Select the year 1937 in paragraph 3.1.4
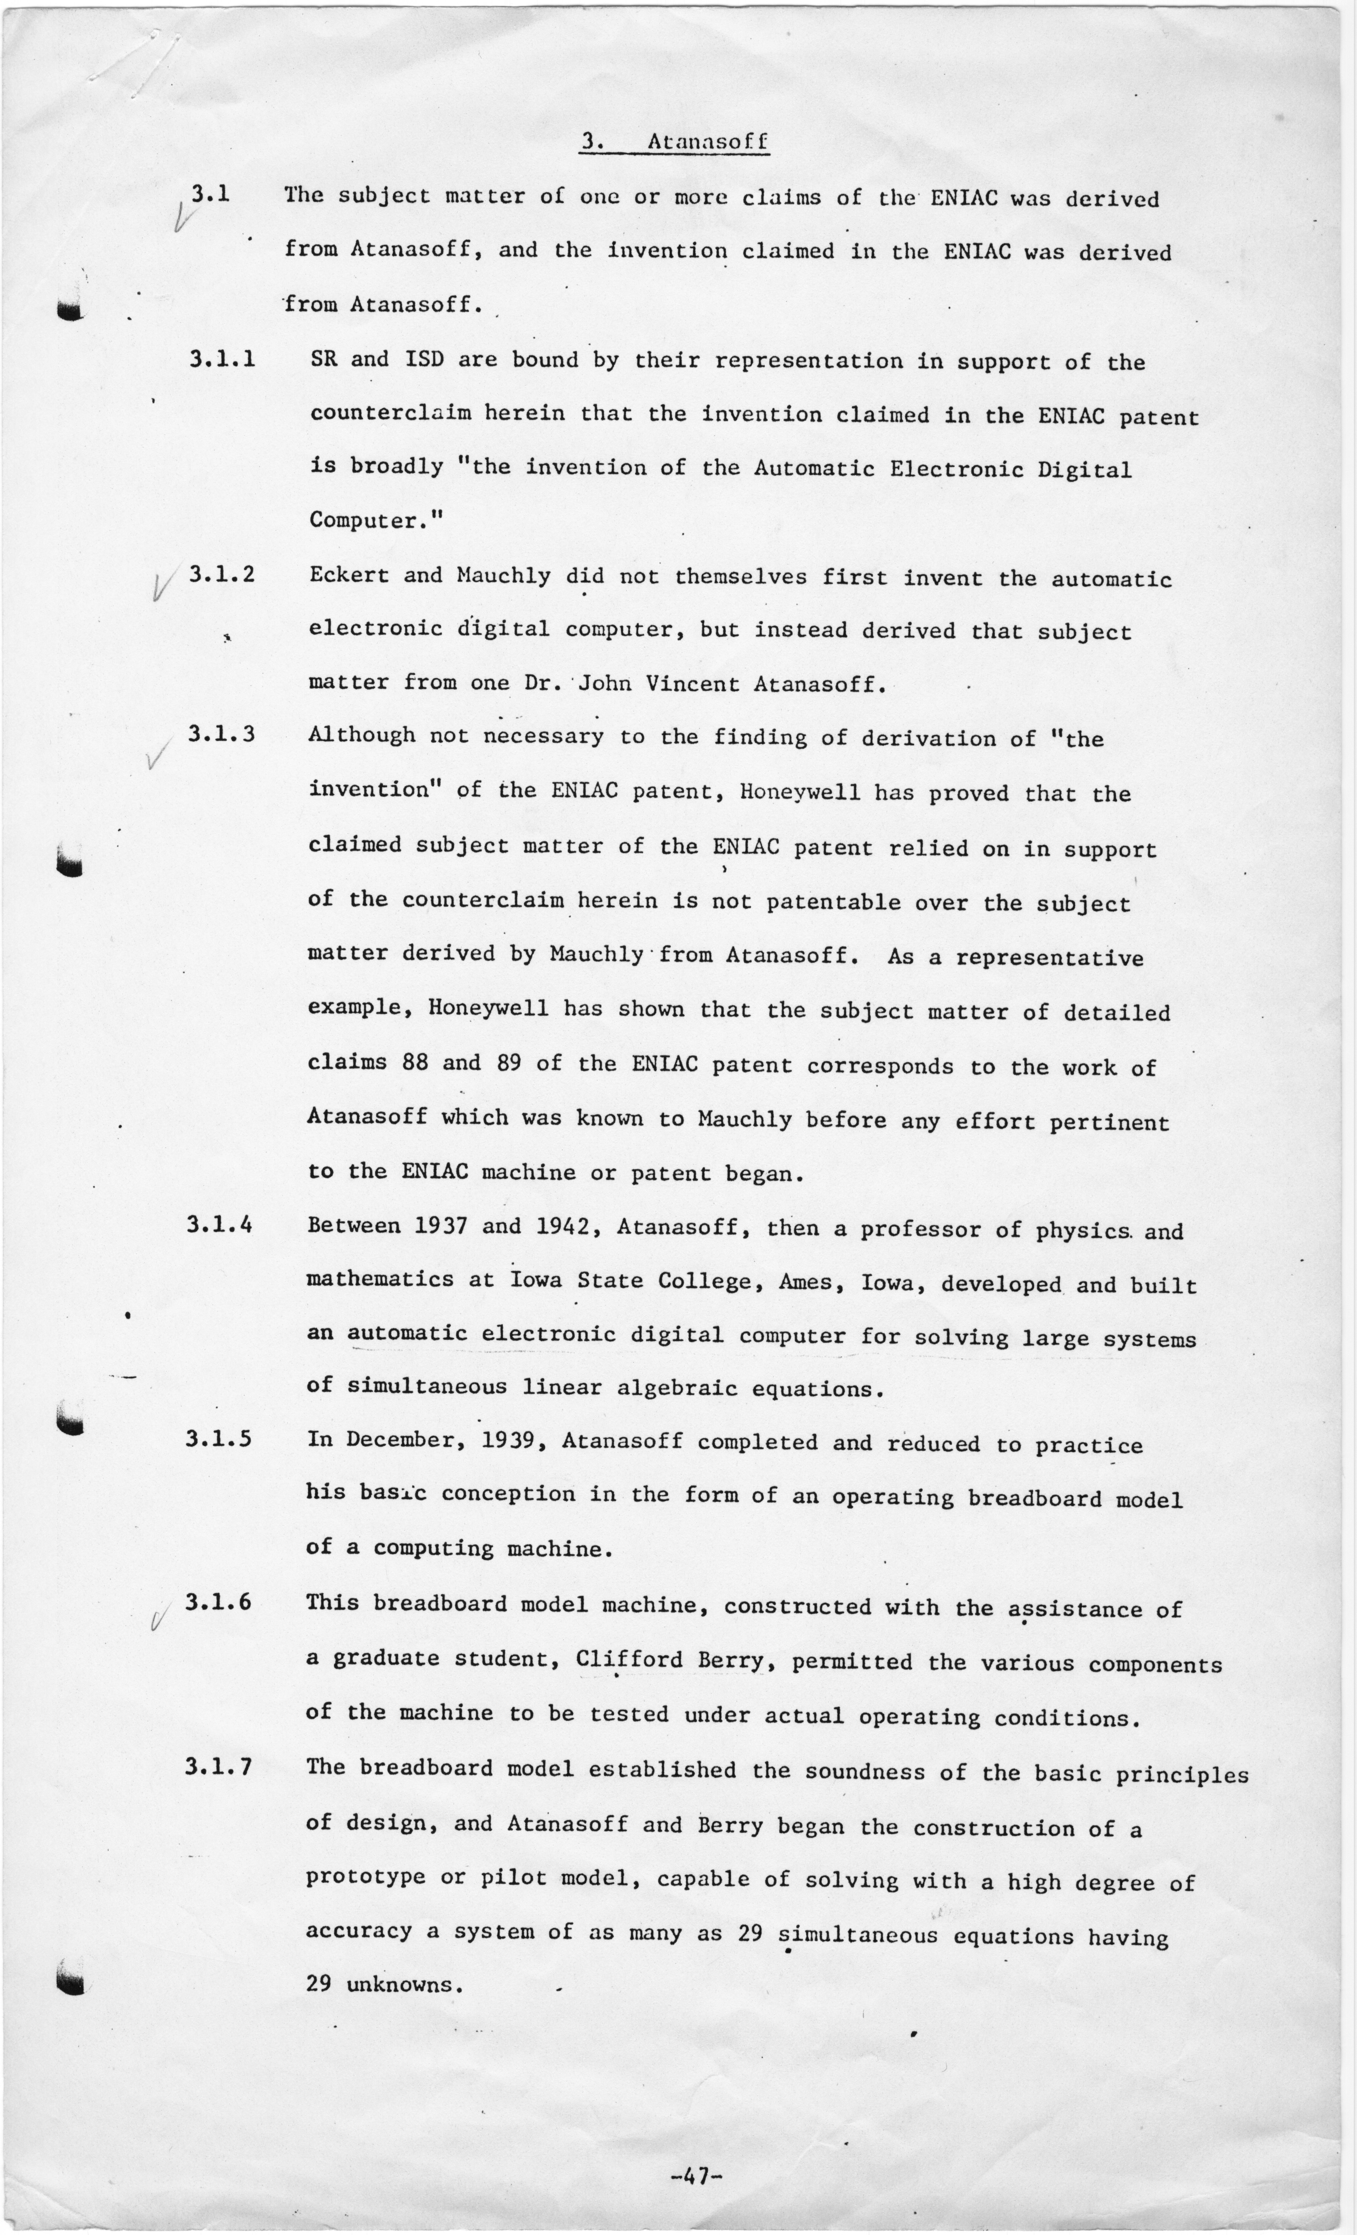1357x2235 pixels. (x=441, y=1226)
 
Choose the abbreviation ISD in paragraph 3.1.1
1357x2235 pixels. (x=424, y=359)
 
